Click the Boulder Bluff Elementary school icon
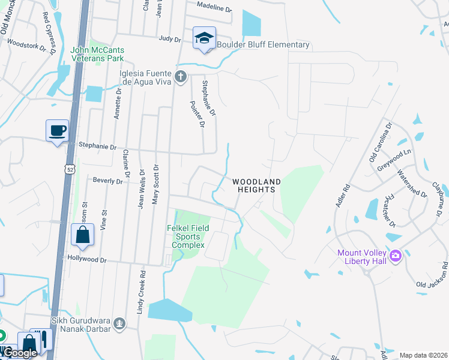pos(204,38)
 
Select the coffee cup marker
pos(58,131)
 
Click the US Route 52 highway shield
pos(71,171)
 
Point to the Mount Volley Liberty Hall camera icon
pos(395,256)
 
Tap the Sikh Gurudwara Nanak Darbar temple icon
pos(120,324)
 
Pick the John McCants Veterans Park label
pos(97,54)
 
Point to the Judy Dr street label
pos(170,39)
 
